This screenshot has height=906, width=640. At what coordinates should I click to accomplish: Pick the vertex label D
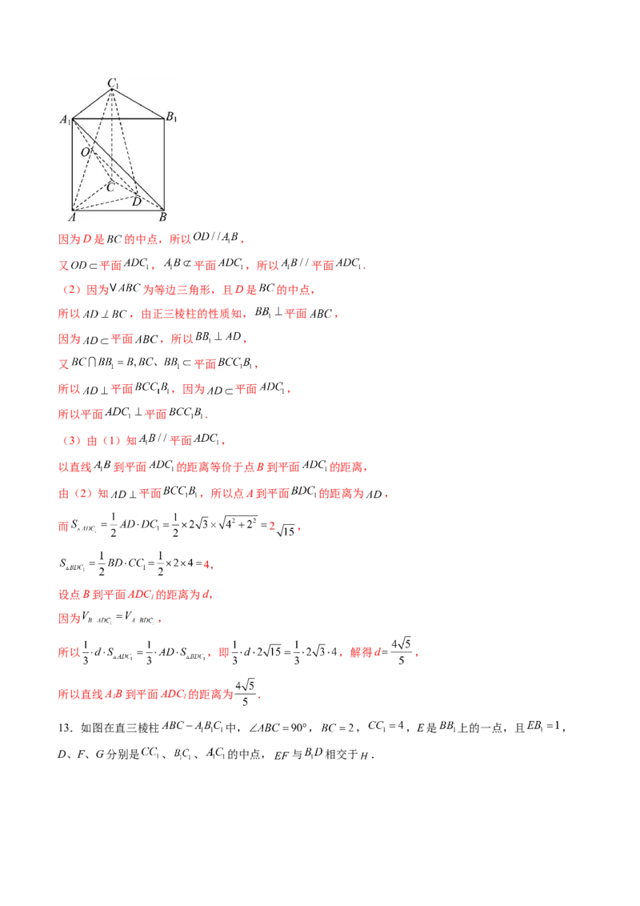coord(136,201)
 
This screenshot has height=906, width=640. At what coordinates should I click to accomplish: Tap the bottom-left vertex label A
coord(72,217)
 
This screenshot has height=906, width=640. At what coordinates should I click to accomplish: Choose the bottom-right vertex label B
coord(162,217)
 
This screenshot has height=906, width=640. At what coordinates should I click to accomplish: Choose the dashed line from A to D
coord(104,203)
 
